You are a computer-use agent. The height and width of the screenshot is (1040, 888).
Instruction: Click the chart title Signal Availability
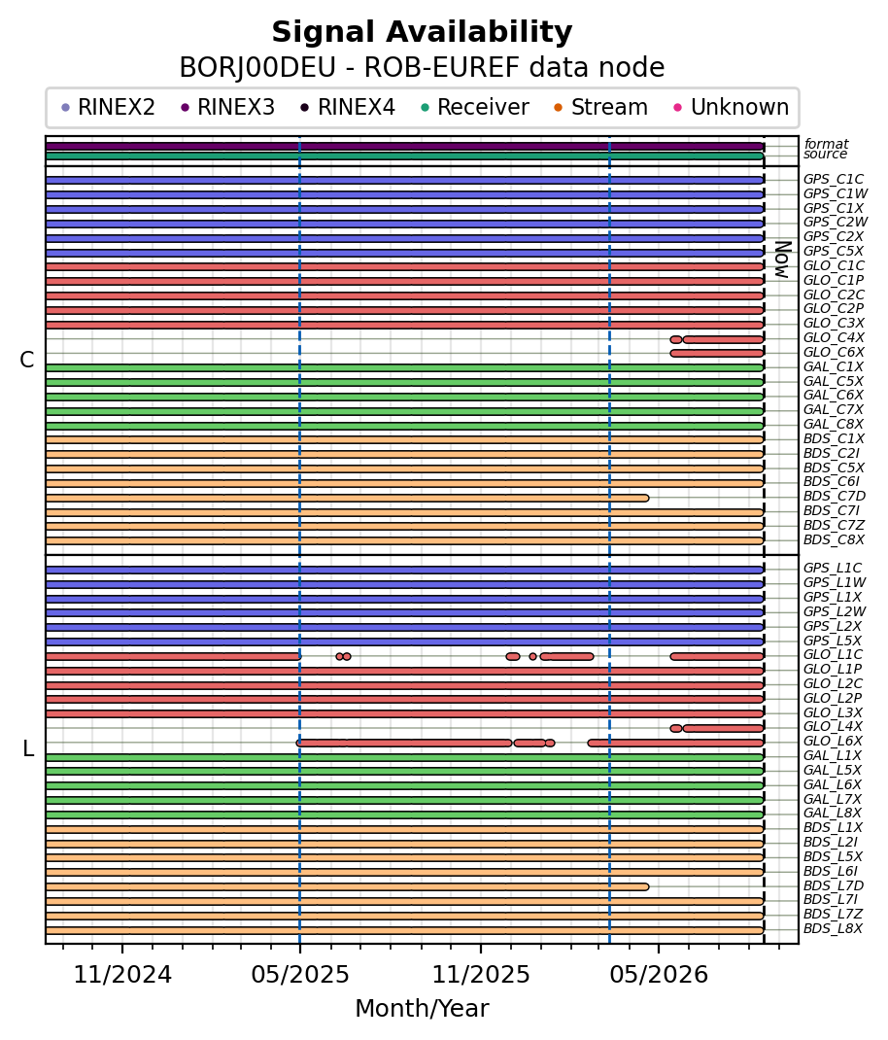coord(422,32)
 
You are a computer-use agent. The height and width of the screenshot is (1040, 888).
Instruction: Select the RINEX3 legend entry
coord(227,108)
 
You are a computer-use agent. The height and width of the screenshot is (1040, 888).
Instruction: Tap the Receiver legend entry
coord(475,108)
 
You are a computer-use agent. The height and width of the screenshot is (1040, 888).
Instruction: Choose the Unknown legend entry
coord(732,108)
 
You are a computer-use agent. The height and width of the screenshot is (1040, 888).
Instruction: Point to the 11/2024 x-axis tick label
coord(122,974)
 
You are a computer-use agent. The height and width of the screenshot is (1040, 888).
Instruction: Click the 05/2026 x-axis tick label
coord(659,974)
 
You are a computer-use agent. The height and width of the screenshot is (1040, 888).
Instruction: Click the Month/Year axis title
coord(422,1008)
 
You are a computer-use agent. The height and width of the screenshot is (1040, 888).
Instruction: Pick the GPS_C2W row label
coord(836,223)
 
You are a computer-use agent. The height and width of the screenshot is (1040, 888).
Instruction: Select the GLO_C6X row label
coord(834,352)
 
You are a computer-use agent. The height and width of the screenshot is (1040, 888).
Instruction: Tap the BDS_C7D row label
coord(835,496)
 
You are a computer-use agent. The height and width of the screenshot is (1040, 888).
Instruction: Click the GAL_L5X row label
coord(833,770)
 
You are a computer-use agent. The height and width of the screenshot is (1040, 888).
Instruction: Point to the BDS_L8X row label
coord(833,928)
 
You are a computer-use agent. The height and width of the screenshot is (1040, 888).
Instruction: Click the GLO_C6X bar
coord(717,354)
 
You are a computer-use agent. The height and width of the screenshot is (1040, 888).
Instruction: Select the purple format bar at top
coord(404,147)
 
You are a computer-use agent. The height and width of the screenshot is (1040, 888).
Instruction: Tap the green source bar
coord(404,156)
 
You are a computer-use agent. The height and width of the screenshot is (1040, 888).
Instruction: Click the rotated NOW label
coord(783,260)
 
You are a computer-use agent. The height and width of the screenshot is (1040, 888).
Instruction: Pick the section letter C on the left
coord(27,361)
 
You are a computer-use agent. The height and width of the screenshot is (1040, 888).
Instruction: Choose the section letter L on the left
coord(28,748)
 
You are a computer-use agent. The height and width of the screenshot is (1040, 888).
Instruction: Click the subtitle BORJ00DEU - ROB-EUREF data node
coord(422,68)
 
